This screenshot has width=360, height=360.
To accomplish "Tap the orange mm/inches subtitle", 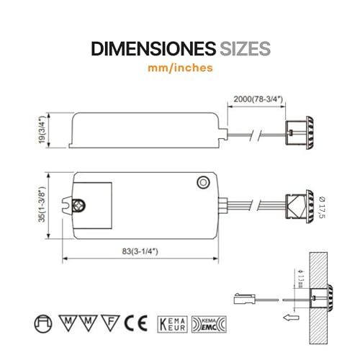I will pyautogui.click(x=180, y=69).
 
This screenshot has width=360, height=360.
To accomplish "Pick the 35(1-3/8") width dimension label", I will pyautogui.click(x=45, y=205).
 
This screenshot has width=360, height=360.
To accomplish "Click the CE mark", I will pyautogui.click(x=132, y=322).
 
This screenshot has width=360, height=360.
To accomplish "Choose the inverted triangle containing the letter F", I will pyautogui.click(x=110, y=321).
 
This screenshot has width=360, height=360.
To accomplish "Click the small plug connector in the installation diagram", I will pyautogui.click(x=243, y=297).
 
